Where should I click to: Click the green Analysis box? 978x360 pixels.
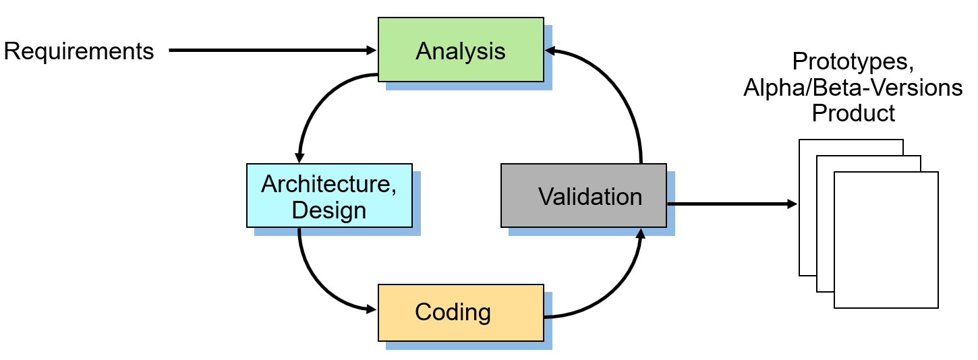pos(461,50)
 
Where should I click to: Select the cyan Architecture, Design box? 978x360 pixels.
pos(329,196)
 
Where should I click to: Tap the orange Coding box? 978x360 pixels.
pos(461,313)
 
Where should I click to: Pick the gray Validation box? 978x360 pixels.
pos(583,196)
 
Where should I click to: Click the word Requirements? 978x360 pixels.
pos(79,51)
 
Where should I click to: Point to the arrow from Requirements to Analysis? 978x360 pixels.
pos(270,50)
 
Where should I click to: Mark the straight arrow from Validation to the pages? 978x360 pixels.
pos(728,203)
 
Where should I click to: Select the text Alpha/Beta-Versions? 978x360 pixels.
pos(853,88)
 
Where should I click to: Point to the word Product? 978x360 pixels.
pos(853,113)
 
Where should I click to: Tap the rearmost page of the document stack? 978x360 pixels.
pos(807,202)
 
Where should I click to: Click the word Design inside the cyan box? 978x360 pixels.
pos(329,210)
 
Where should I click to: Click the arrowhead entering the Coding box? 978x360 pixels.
pos(372,309)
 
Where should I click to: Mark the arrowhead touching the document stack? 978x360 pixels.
pos(793,203)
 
